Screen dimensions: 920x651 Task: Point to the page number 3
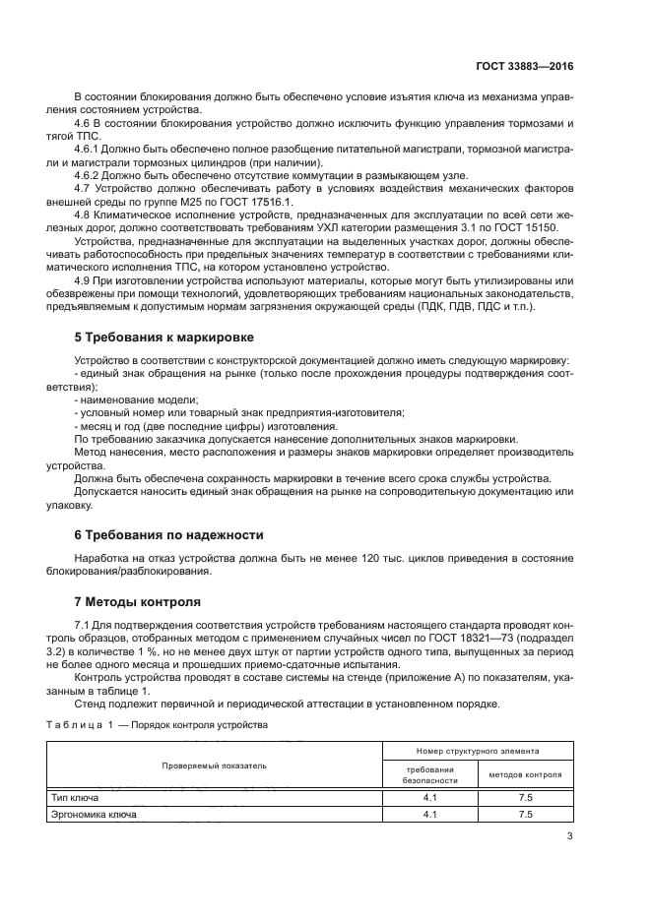point(570,836)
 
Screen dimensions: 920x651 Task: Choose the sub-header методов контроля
point(525,773)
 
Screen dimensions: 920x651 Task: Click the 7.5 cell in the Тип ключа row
point(525,797)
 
